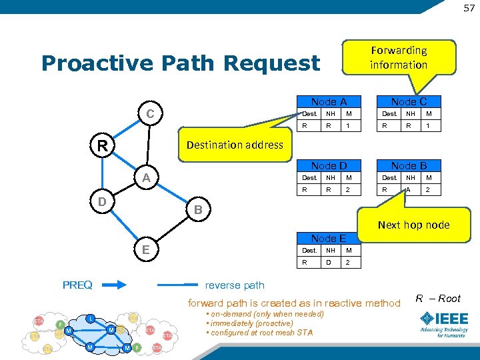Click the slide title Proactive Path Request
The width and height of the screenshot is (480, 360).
click(180, 63)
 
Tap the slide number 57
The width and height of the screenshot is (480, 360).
click(469, 7)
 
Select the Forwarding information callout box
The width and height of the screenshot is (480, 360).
click(399, 57)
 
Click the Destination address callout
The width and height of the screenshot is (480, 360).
click(235, 145)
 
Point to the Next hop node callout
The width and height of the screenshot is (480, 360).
click(413, 225)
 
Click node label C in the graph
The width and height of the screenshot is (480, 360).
click(151, 115)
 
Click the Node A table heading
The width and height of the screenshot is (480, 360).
click(329, 102)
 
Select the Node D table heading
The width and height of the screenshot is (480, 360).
click(329, 165)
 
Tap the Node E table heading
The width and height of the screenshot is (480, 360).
click(329, 238)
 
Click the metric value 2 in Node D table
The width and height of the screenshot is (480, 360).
click(347, 190)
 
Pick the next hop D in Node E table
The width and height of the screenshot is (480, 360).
click(328, 263)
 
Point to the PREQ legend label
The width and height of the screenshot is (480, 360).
click(78, 285)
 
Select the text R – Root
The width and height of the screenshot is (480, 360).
click(438, 299)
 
